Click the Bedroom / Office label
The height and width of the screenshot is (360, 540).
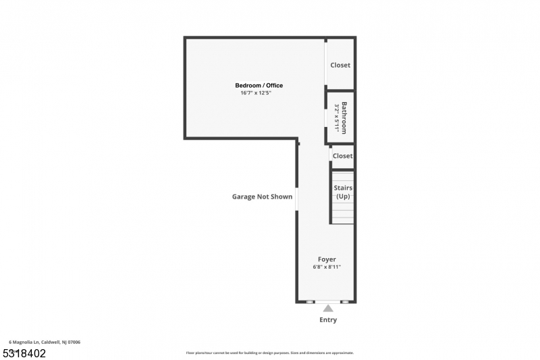coord(259,85)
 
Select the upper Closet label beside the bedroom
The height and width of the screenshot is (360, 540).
coord(340,66)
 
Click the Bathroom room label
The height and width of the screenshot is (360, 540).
coord(344,118)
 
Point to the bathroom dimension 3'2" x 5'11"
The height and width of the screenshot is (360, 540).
coord(337,118)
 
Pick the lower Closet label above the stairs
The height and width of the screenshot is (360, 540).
coord(342,156)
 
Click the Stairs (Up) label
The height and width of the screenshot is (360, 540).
coord(343,192)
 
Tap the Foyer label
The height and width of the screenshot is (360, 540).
coord(327,259)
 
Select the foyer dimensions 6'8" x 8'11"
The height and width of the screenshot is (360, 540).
coord(327,267)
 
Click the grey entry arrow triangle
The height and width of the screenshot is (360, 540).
coord(327,309)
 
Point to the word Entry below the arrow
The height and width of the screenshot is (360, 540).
coord(328,320)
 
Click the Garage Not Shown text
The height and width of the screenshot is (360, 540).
coord(262,197)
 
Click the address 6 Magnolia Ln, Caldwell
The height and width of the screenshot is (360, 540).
coord(45,342)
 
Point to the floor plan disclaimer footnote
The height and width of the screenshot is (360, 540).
coord(269,353)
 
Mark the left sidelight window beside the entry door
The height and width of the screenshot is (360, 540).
coord(310,302)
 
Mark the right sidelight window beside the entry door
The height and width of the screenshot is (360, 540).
coord(344,302)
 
